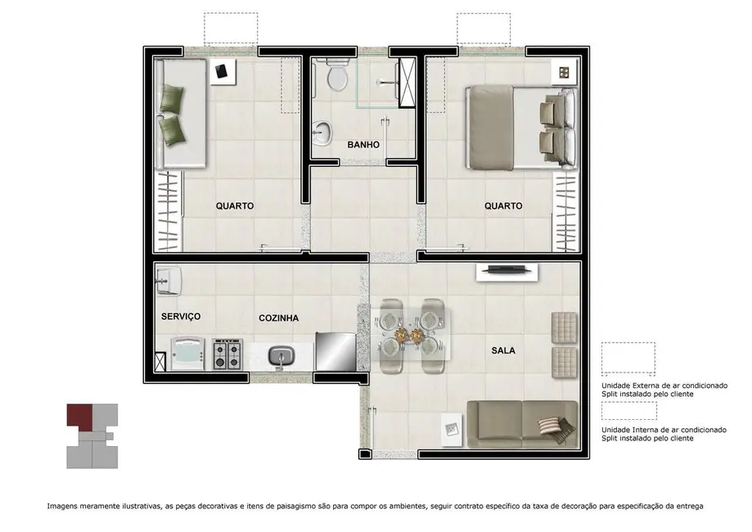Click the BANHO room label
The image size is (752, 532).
pyautogui.click(x=363, y=145)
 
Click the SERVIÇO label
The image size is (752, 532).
pyautogui.click(x=181, y=316)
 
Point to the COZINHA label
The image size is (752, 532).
pyautogui.click(x=278, y=318)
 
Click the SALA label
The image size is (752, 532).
pyautogui.click(x=502, y=350)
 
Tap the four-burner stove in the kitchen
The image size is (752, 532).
pyautogui.click(x=227, y=354)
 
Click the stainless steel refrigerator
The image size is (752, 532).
pyautogui.click(x=335, y=352)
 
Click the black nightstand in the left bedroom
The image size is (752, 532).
pyautogui.click(x=221, y=72)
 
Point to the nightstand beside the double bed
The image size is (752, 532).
pyautogui.click(x=564, y=73)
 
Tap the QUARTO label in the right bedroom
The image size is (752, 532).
pyautogui.click(x=503, y=206)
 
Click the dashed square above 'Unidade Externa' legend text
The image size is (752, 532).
pyautogui.click(x=628, y=358)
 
